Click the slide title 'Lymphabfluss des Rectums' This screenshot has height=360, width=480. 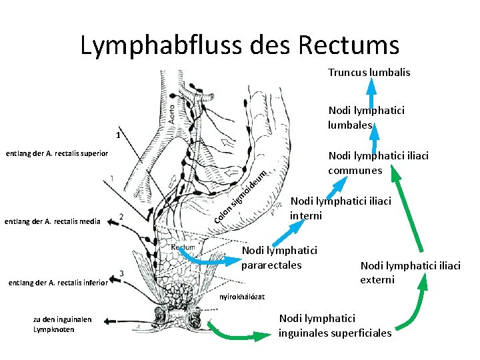[239, 45]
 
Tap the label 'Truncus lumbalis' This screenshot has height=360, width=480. [369, 72]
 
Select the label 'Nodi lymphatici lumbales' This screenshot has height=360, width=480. [365, 117]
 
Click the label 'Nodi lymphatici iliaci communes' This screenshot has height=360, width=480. [378, 163]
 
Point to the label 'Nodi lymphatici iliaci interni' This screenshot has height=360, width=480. [340, 208]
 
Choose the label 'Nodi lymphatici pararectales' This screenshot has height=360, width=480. [279, 258]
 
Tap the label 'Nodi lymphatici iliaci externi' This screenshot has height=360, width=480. [410, 272]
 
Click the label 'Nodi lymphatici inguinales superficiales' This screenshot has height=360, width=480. [335, 326]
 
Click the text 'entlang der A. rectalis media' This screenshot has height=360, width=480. [52, 221]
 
